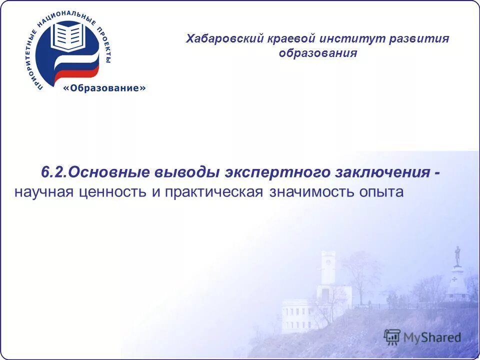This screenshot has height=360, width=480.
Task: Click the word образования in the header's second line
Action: [318, 53]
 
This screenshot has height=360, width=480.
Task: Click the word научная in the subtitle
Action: [43, 192]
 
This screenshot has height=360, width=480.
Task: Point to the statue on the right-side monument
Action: [457, 255]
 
